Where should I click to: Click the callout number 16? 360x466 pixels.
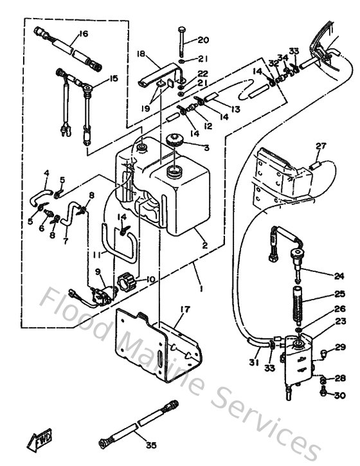pos(83,33)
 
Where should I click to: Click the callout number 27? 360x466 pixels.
pos(321,146)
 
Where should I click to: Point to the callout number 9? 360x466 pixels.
pos(98,272)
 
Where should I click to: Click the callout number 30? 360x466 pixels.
pos(339,395)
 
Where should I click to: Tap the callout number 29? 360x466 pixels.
pos(340,348)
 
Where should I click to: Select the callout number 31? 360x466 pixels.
pos(255,363)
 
